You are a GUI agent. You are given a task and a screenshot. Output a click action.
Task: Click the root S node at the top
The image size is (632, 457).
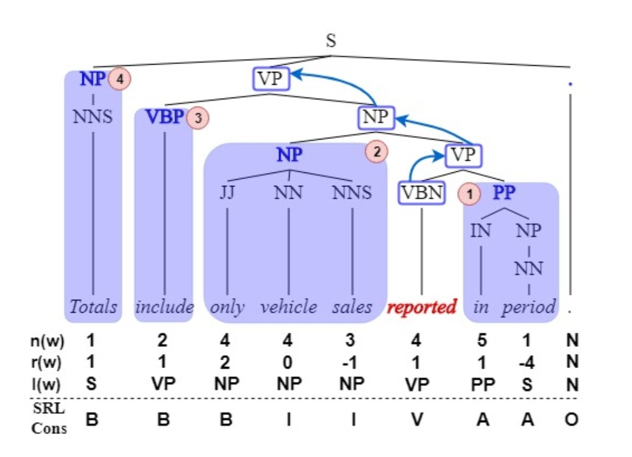click(331, 41)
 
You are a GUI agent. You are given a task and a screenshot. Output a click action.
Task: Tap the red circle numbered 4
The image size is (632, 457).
click(121, 79)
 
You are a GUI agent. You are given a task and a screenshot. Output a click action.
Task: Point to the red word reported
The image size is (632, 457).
click(422, 307)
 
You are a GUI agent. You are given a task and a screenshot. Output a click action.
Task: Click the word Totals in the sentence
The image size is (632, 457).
click(93, 306)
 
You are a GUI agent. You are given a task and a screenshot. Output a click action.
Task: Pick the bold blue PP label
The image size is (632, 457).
click(504, 194)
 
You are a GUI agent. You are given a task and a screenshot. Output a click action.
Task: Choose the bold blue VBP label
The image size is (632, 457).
click(165, 117)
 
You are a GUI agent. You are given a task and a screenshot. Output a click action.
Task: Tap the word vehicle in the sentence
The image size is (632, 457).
click(289, 306)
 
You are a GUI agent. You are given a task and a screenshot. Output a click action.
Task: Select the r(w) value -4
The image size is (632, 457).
click(528, 363)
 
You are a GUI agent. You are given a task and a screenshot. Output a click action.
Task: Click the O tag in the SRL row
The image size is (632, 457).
click(571, 420)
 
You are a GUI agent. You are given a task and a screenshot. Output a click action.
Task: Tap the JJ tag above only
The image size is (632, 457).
click(227, 193)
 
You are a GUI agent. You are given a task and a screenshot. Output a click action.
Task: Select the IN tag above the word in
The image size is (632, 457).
click(481, 231)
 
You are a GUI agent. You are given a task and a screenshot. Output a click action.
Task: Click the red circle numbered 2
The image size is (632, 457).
click(377, 153)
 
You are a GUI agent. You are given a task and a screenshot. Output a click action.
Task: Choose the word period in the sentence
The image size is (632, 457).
click(529, 306)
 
